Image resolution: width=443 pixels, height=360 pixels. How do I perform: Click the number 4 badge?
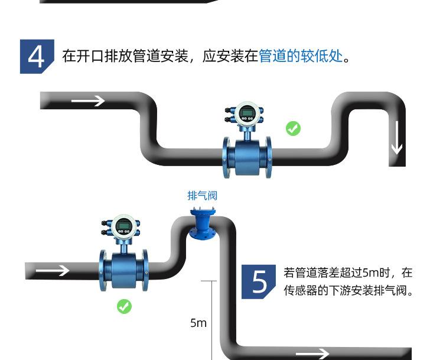[37, 57]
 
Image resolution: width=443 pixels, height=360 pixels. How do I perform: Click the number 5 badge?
[259, 281]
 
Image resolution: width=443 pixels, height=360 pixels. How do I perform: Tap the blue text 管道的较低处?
[301, 57]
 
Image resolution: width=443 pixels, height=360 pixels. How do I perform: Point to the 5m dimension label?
[198, 323]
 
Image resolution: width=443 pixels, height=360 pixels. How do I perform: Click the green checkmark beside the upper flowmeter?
[293, 128]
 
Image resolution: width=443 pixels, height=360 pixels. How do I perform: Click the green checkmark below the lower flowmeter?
[124, 306]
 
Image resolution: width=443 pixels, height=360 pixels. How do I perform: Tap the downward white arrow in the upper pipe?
[396, 137]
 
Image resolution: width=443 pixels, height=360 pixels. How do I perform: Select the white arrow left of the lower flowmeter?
[52, 271]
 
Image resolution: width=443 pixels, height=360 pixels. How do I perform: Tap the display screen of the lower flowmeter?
[123, 225]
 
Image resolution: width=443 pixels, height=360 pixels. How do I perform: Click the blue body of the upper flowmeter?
[247, 155]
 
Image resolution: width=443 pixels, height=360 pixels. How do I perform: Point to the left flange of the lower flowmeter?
[103, 270]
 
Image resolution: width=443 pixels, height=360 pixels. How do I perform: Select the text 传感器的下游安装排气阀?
[348, 291]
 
